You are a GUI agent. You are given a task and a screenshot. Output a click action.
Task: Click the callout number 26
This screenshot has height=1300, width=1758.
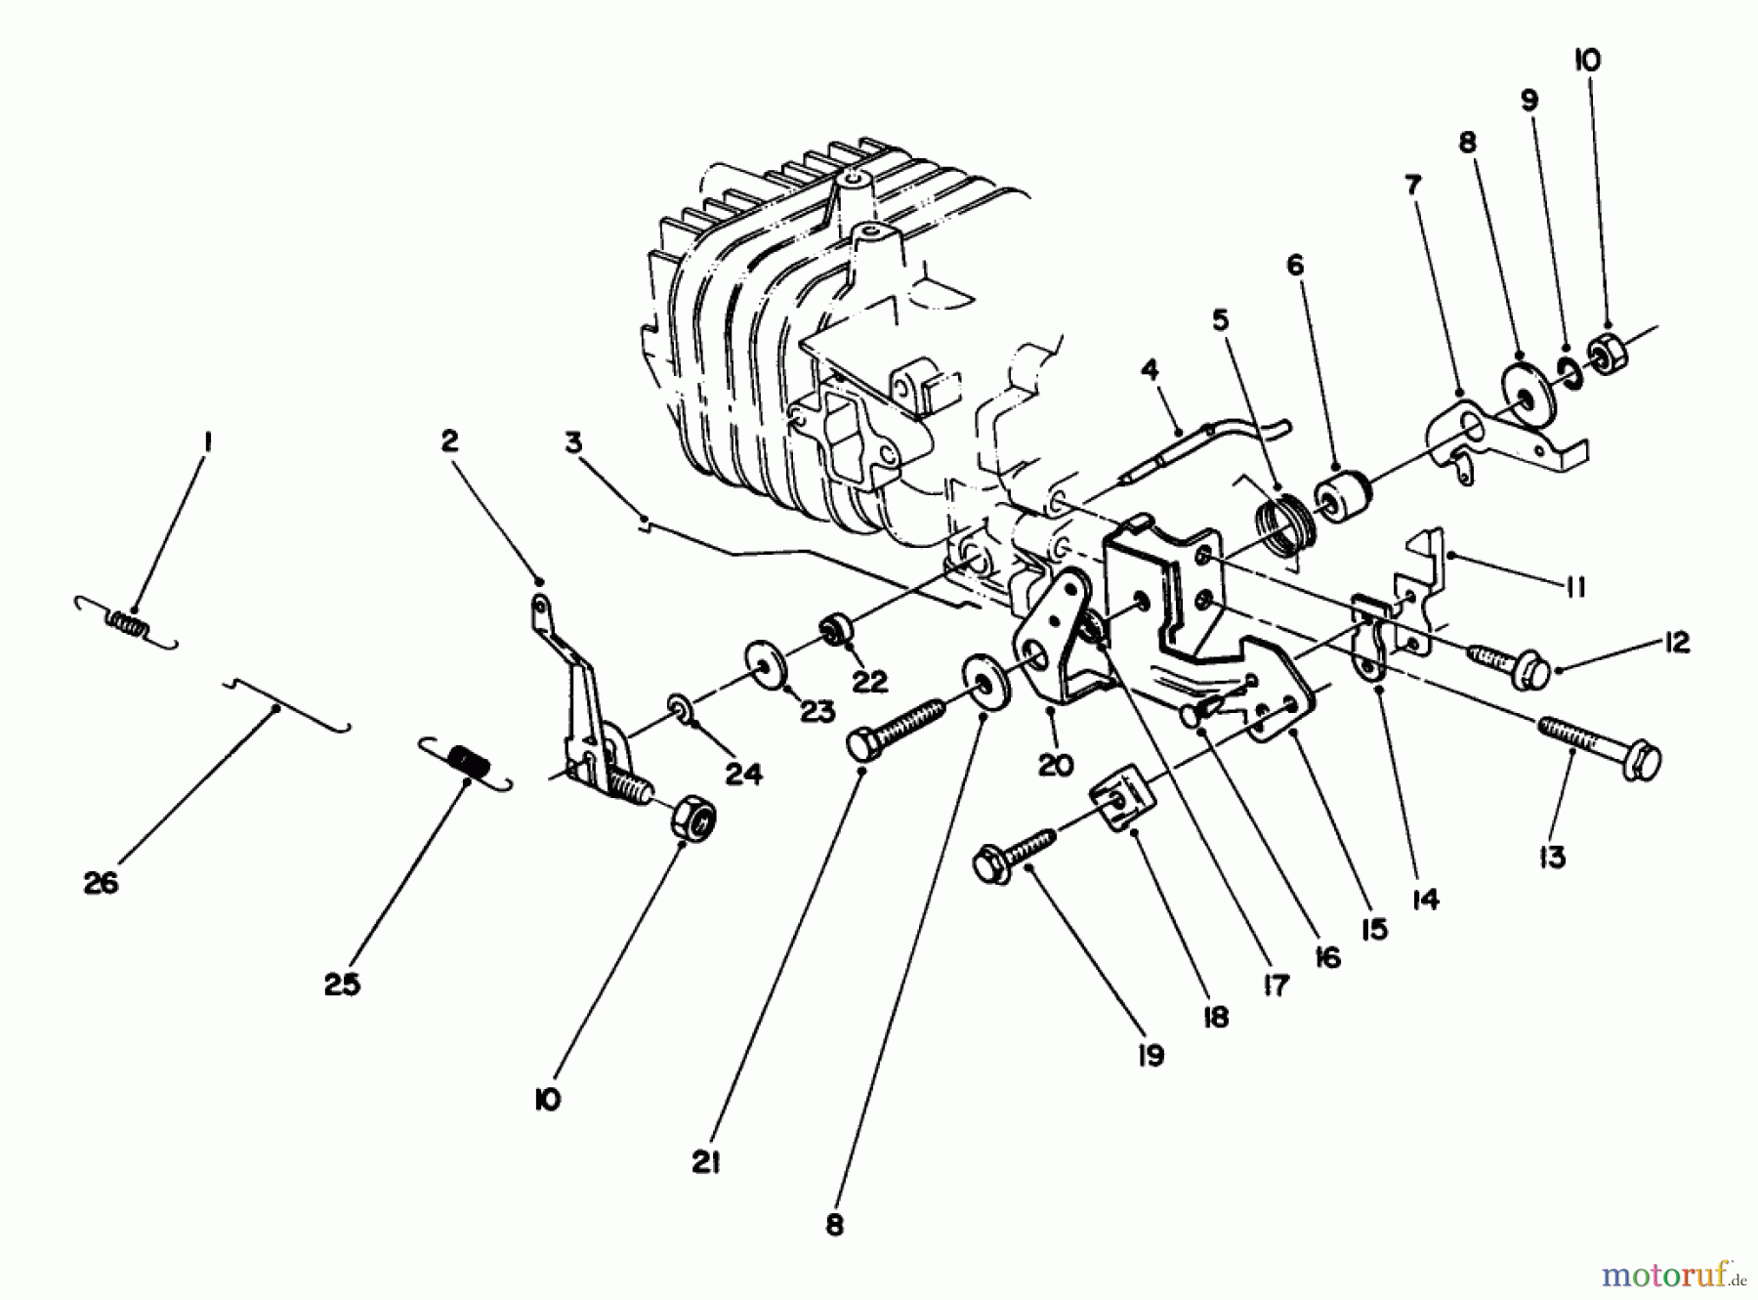(101, 883)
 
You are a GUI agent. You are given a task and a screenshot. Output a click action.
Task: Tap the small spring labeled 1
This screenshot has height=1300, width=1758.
(127, 622)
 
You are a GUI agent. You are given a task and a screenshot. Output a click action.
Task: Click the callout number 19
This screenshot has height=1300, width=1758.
(1151, 1056)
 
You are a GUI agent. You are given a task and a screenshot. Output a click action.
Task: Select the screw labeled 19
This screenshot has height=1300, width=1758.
(1016, 856)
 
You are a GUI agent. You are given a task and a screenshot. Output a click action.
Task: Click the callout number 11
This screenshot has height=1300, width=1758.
(1571, 587)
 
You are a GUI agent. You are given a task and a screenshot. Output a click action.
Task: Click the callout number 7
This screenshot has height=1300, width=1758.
(1413, 184)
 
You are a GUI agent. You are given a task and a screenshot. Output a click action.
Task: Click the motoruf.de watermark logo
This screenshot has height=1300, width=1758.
(1676, 1274)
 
